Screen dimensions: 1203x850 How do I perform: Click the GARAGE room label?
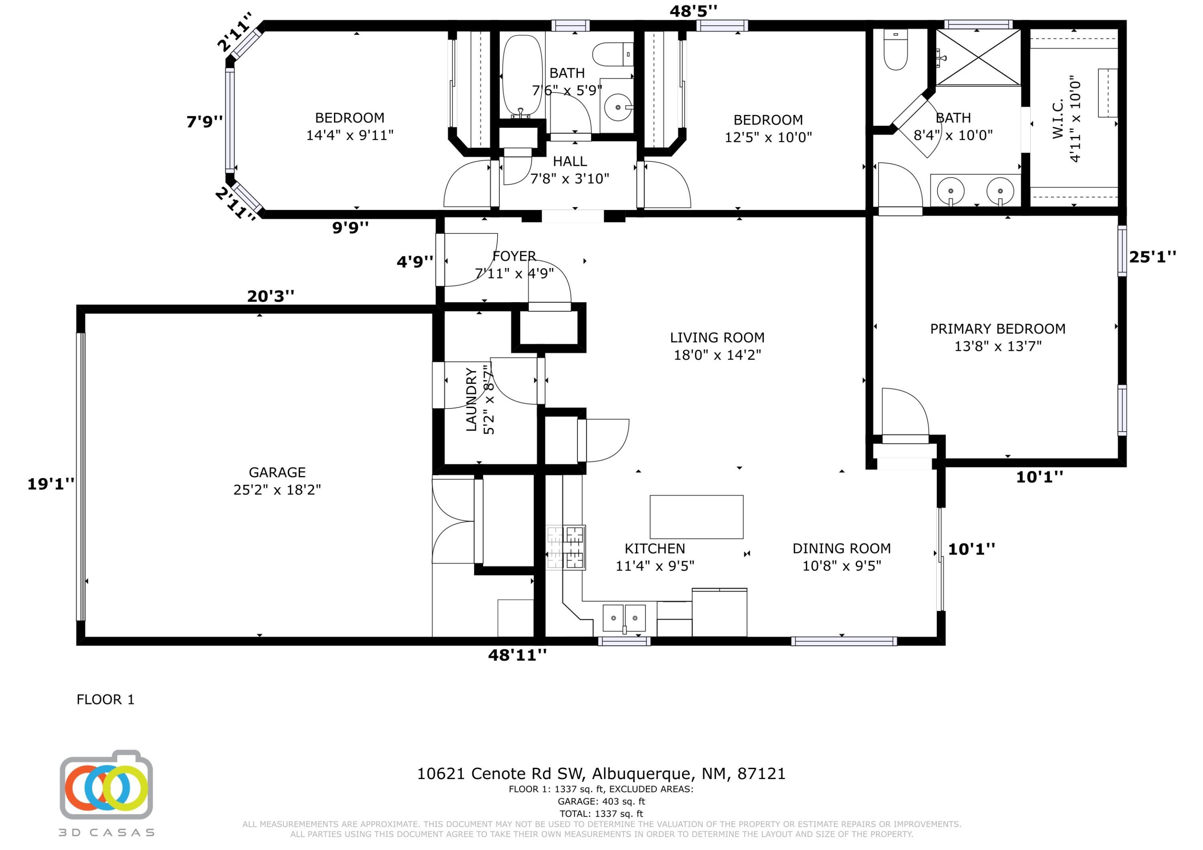277,472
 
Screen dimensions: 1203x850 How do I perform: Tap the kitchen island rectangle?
696,517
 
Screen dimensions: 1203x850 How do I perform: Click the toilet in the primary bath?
895,49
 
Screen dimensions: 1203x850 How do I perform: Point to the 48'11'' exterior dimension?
517,655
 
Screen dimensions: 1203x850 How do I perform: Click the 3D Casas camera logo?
106,785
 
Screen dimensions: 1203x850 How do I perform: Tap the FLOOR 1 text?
105,699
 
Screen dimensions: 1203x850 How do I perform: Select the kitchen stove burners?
566,547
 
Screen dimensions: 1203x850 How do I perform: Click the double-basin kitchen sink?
624,618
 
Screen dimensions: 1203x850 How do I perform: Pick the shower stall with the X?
978,57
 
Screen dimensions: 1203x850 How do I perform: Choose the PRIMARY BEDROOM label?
998,329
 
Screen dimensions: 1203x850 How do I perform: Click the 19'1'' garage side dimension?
51,484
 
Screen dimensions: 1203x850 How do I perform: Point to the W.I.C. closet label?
1058,119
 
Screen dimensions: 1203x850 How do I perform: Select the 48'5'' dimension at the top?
693,10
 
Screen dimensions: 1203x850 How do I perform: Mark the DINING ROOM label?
841,548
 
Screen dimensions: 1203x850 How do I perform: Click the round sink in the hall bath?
618,107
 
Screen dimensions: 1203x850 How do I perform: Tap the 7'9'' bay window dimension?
205,121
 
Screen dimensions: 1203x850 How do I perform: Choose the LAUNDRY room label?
472,400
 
